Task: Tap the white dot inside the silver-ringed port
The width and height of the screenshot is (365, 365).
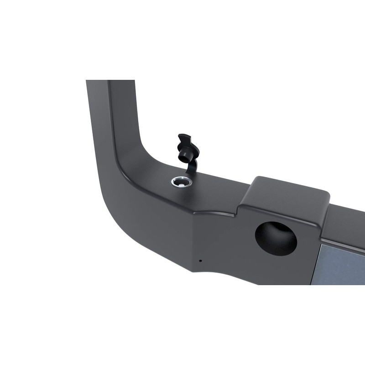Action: point(182,182)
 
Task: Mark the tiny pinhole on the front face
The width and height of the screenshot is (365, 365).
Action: point(200,261)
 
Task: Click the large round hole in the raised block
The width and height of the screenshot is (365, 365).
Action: point(276,238)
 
